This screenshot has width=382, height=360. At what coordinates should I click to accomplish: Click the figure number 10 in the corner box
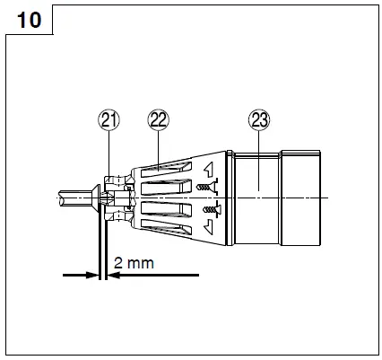[29, 19]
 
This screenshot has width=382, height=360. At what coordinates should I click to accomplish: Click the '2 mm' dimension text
[135, 265]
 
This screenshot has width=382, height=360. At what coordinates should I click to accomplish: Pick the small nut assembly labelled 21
[115, 198]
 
